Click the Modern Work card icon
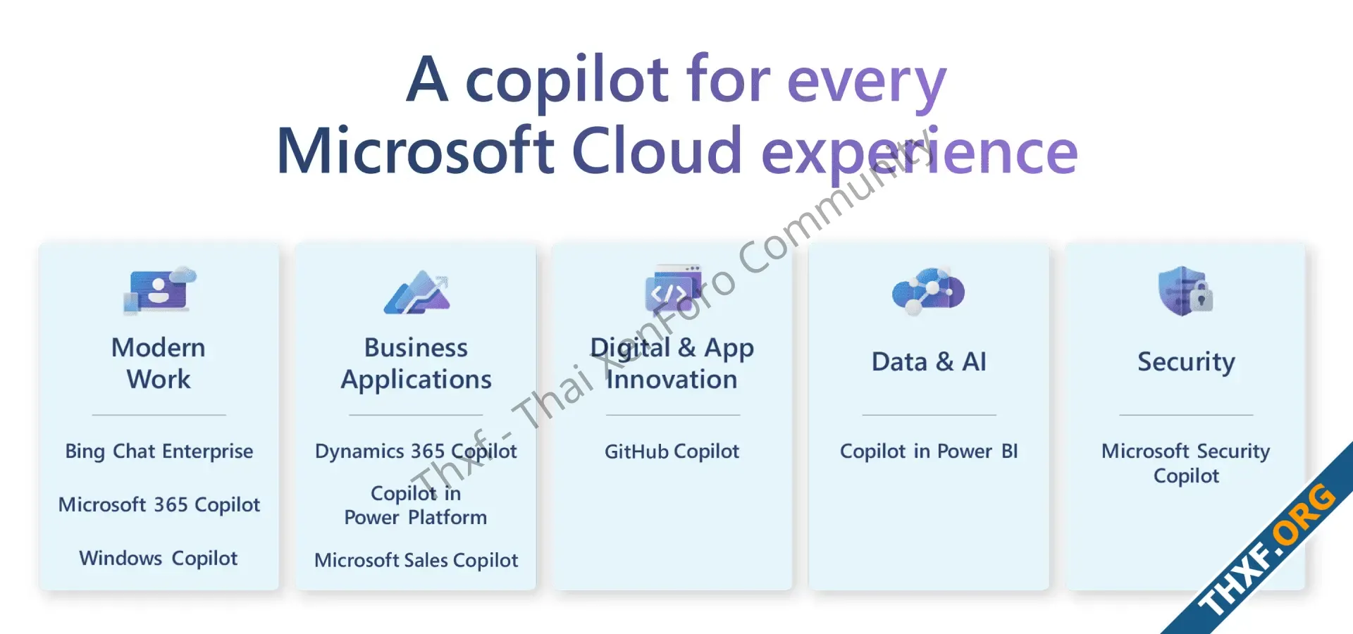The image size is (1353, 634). point(160,290)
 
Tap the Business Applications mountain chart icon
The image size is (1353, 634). point(416,292)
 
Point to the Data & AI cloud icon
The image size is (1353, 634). point(928,290)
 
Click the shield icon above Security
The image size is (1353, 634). point(1186,290)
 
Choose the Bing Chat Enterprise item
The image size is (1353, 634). point(159,452)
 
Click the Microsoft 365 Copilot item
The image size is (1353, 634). point(159,504)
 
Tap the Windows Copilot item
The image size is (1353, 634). point(159,559)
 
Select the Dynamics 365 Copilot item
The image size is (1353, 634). point(416,452)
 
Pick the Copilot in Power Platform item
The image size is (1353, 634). point(416,505)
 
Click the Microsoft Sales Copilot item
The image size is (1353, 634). point(416,560)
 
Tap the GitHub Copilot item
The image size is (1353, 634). point(672,452)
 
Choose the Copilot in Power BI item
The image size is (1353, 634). point(929,452)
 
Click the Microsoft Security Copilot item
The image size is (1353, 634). point(1186,464)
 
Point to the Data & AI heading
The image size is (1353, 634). point(929,362)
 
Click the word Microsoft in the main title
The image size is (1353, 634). point(416,150)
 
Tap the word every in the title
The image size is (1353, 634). point(867,83)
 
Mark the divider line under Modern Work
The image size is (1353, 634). point(159,415)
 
